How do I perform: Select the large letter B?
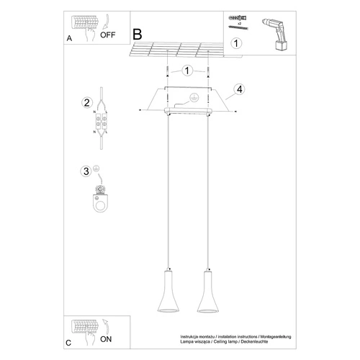click(138, 34)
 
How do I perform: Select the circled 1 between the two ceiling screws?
click(188, 71)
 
